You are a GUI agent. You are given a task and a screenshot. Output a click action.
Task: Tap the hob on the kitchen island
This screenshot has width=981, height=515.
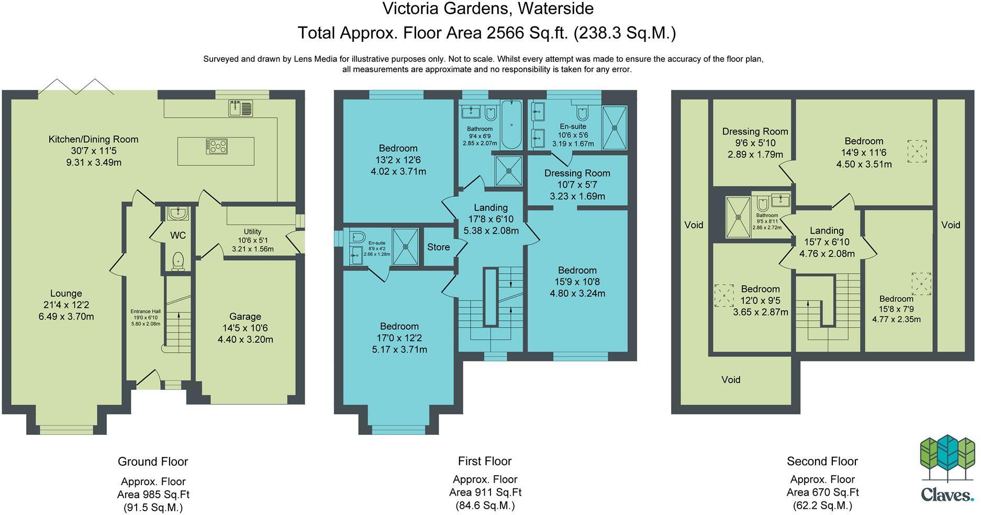217,146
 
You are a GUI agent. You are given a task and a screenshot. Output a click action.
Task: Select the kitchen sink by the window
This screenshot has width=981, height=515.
240,108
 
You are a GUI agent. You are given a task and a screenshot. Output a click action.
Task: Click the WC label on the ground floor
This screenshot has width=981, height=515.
178,236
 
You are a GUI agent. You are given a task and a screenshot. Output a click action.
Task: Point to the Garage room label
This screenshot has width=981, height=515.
245,317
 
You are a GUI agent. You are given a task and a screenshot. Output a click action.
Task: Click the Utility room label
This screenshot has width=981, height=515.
252,231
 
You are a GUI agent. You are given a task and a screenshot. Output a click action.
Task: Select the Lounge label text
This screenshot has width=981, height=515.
66,294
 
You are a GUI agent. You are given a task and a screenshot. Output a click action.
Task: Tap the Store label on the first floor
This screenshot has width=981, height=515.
438,247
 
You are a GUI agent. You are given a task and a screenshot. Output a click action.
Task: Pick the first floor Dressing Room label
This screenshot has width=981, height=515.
577,173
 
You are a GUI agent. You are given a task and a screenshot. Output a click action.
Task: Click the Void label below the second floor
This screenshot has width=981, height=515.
731,379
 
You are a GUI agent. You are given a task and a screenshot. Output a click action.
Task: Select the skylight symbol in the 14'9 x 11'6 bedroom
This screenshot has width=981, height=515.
917,151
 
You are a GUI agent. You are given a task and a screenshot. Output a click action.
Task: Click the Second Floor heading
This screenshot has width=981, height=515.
822,461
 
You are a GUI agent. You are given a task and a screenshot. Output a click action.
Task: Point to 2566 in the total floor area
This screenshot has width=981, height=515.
505,33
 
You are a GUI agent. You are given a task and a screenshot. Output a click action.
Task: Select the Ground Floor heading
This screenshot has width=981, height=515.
152,462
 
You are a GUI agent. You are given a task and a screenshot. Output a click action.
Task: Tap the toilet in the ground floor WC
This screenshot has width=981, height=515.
178,260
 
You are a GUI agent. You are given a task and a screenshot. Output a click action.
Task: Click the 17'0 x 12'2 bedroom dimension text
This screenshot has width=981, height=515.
399,338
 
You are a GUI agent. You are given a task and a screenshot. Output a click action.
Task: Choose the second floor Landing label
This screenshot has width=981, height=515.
827,231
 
